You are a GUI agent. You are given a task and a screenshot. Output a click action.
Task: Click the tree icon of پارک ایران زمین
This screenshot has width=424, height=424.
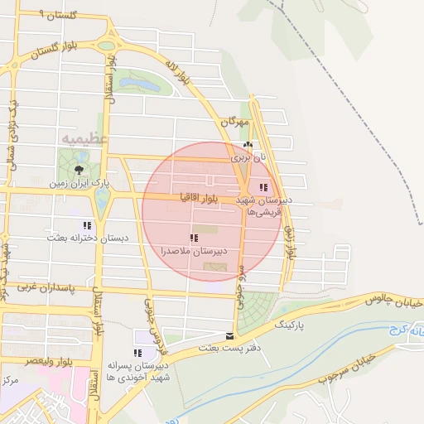(x=79, y=169)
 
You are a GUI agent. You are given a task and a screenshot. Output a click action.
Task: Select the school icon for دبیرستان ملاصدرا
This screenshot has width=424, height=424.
(x=194, y=238)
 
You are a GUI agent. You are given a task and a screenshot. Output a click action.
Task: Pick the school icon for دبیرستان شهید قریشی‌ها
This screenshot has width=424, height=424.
(x=263, y=188)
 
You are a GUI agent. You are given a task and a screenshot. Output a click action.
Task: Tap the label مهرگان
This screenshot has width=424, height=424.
(x=234, y=122)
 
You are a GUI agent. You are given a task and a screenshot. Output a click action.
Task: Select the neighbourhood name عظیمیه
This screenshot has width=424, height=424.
(x=84, y=138)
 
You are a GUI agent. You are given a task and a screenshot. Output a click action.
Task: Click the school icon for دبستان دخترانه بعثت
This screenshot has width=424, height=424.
(x=87, y=225)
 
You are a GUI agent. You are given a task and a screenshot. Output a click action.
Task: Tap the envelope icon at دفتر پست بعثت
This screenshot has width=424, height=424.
(x=229, y=336)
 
